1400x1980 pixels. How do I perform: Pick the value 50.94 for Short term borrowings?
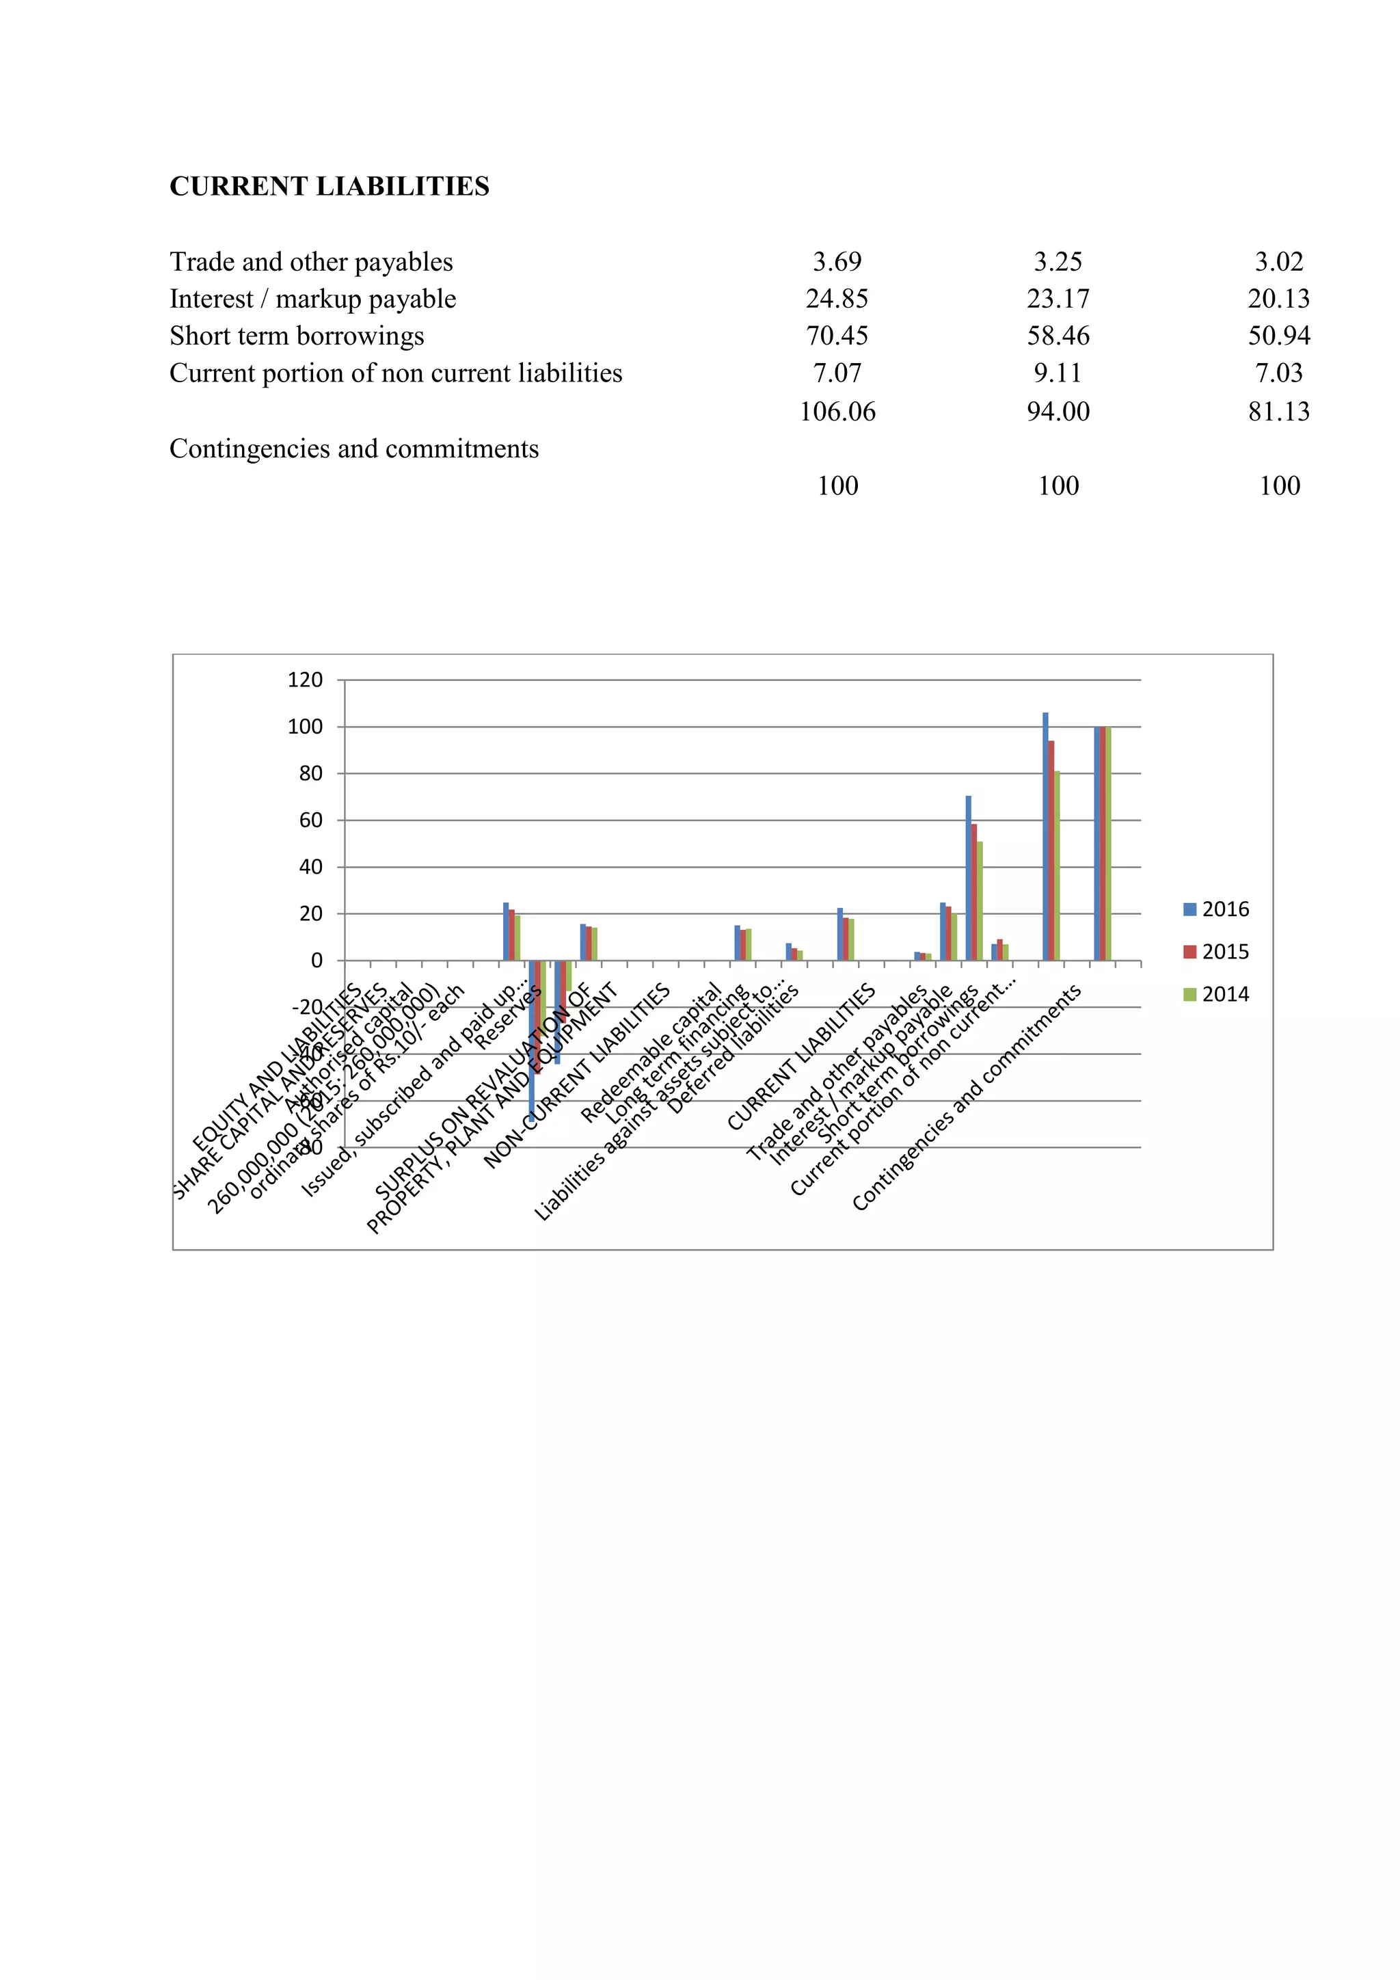coord(1278,336)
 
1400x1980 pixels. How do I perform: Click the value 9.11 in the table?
coord(1058,373)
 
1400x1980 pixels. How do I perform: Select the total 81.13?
coord(1278,412)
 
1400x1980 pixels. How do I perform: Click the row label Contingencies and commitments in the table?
coord(353,449)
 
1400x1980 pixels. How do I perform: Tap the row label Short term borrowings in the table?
coord(297,336)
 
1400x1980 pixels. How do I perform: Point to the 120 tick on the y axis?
coord(305,680)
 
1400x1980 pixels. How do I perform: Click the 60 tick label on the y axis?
coord(310,820)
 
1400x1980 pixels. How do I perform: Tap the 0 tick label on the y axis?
coord(317,960)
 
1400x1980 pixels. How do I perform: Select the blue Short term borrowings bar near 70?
coord(968,878)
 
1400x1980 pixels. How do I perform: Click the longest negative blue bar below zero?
coord(532,1039)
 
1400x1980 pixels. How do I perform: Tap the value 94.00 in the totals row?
coord(1058,412)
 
